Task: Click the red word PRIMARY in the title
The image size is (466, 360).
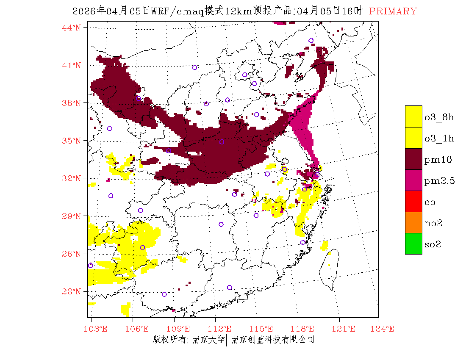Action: coord(393,11)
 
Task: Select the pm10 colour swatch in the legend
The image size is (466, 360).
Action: coord(413,159)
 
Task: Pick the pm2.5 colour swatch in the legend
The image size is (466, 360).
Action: coord(413,180)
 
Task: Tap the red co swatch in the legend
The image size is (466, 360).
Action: coord(413,201)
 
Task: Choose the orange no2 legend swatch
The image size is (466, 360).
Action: coord(413,222)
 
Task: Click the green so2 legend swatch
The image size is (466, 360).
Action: coord(413,244)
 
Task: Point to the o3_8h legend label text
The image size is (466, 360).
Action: coord(439,117)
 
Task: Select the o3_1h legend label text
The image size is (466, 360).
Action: coord(439,138)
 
